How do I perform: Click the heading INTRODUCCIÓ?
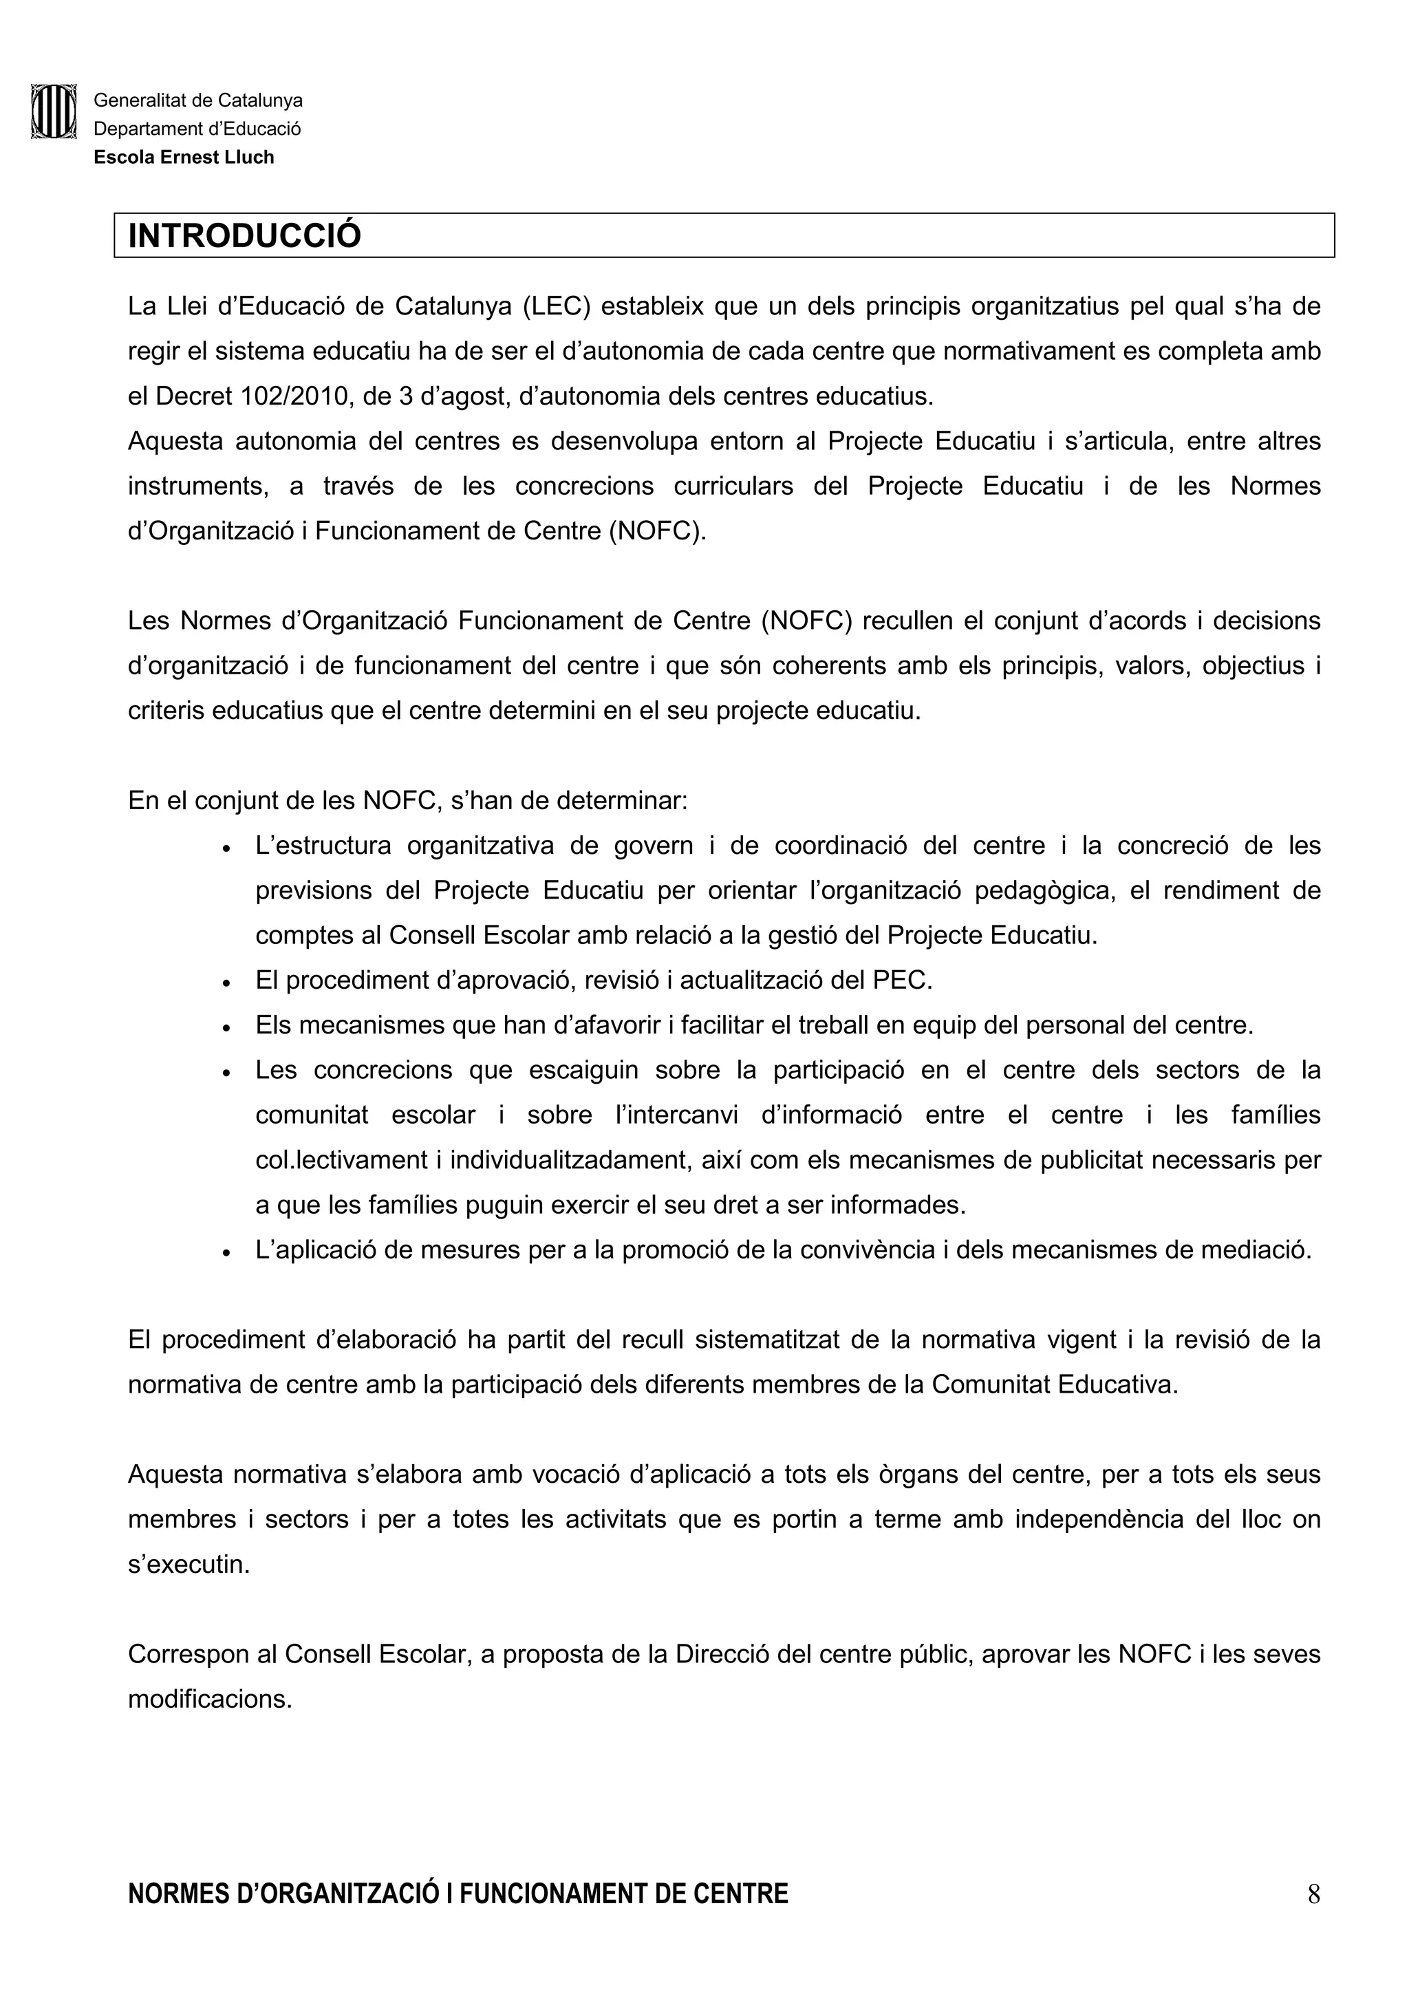coord(244,236)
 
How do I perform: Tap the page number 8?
coord(1313,1918)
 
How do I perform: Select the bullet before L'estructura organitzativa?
coord(226,848)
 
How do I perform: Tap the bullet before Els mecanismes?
coord(226,1027)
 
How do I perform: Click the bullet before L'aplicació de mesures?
coord(226,1252)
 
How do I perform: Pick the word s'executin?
coord(189,1564)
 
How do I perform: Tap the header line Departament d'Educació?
coord(197,129)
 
